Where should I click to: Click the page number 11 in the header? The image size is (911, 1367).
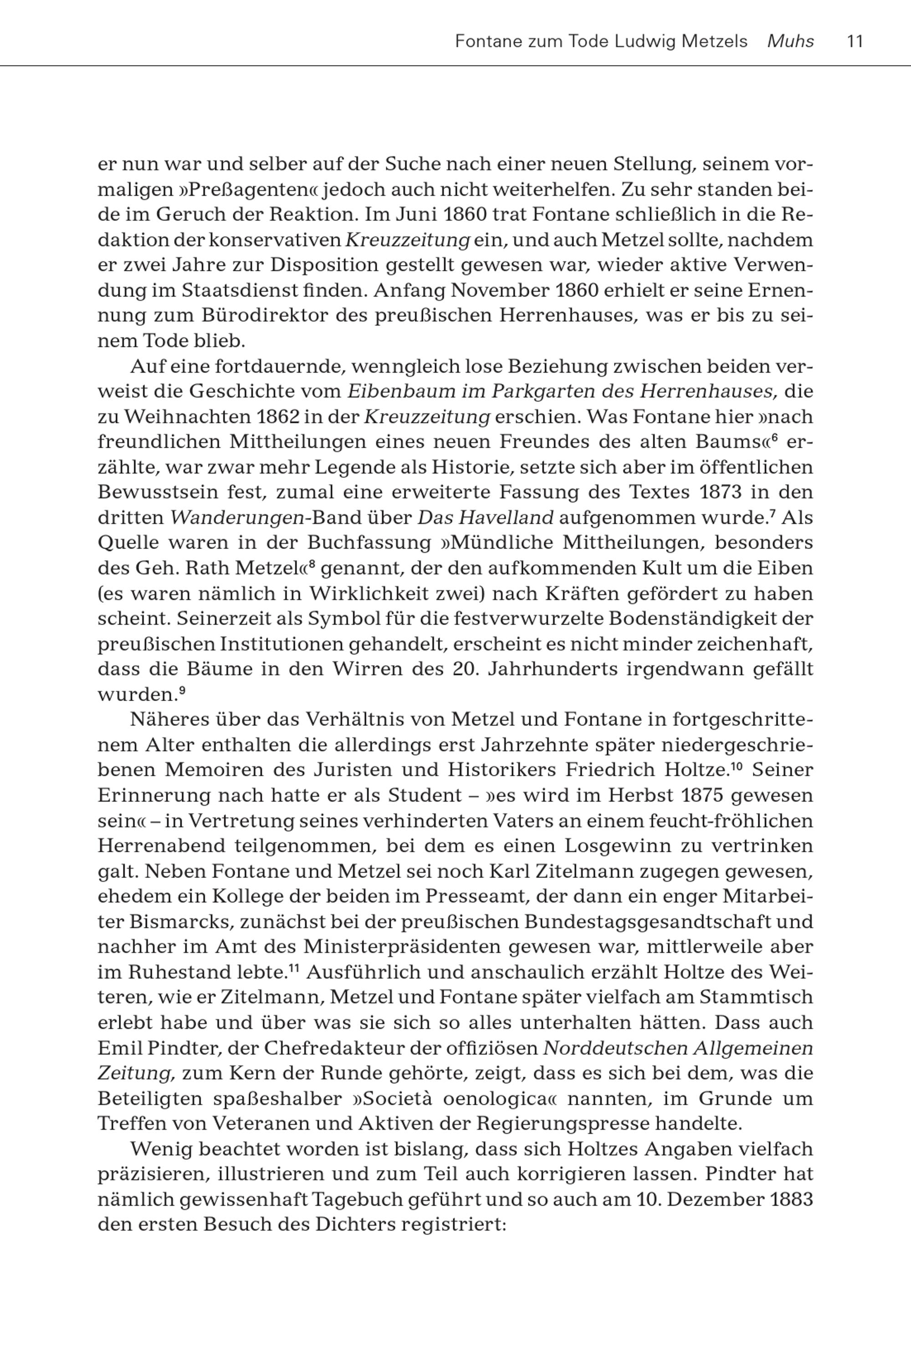(x=855, y=42)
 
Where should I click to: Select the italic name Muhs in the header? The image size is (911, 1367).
(x=791, y=42)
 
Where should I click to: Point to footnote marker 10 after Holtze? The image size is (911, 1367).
(x=737, y=766)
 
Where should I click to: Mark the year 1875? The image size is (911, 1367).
(x=702, y=795)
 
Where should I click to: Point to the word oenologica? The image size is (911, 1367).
(x=497, y=1099)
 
